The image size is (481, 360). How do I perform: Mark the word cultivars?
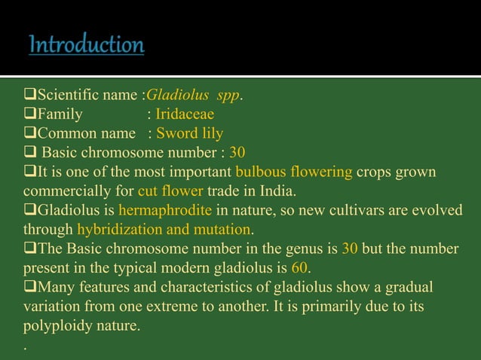(366, 209)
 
